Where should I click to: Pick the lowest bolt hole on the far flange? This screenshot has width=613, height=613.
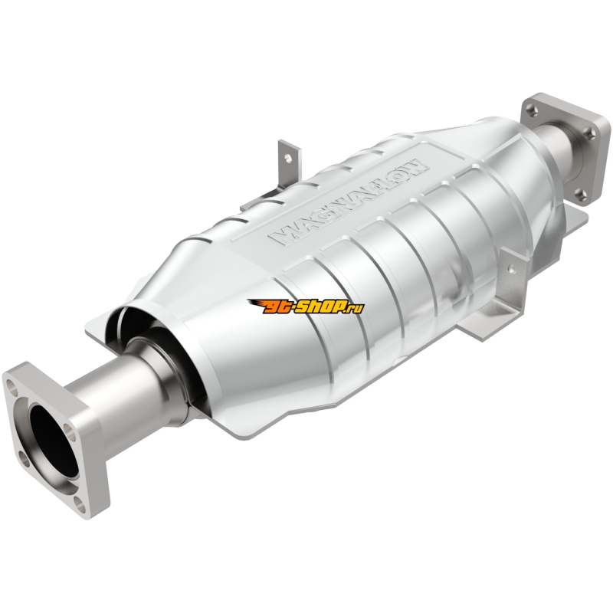(x=582, y=194)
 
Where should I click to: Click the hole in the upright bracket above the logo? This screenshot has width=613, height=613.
(x=288, y=158)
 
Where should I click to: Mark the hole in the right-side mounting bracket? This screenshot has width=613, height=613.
(x=510, y=268)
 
